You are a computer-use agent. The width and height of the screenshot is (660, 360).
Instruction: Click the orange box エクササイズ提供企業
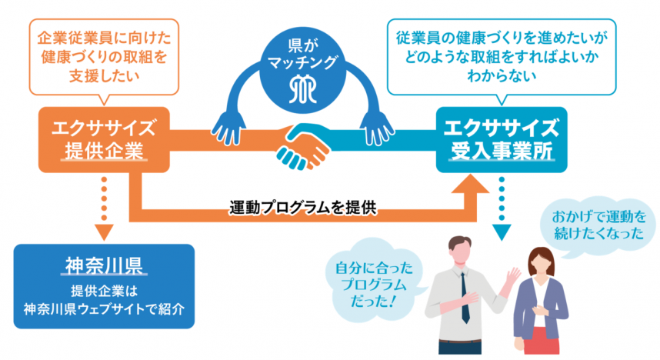(x=104, y=138)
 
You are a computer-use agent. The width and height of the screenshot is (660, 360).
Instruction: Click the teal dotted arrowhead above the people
(x=502, y=230)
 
